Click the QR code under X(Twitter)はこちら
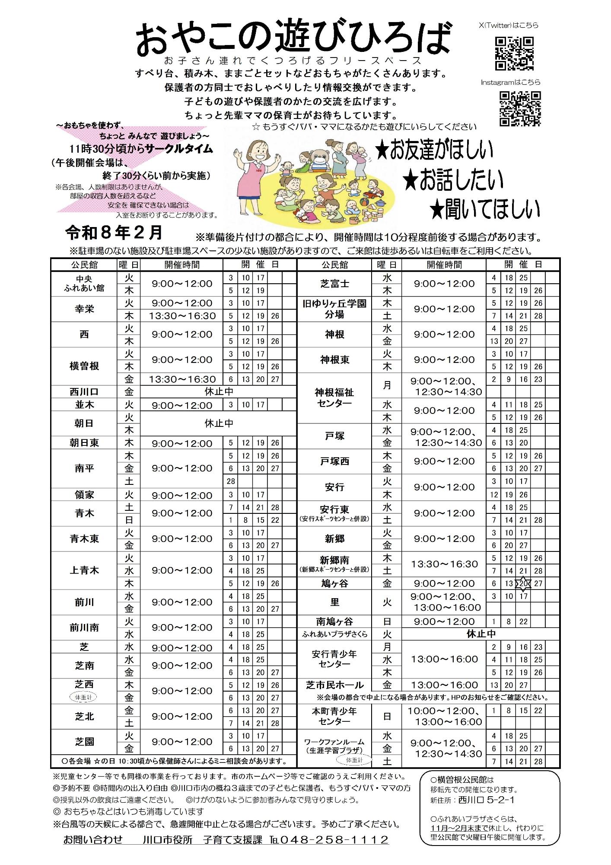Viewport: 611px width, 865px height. pyautogui.click(x=514, y=53)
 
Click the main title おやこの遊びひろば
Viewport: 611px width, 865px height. pyautogui.click(x=293, y=39)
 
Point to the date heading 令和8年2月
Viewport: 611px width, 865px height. pyautogui.click(x=114, y=233)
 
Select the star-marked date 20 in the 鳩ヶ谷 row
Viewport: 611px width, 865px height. pyautogui.click(x=524, y=583)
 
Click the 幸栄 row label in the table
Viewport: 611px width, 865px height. pyautogui.click(x=84, y=309)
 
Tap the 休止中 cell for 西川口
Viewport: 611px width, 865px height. pyautogui.click(x=219, y=392)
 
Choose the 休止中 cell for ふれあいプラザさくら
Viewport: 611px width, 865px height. pyautogui.click(x=481, y=634)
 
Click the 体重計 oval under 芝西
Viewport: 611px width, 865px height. pyautogui.click(x=84, y=697)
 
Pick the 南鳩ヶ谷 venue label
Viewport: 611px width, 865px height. pyautogui.click(x=334, y=622)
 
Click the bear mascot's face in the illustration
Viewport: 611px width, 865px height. pyautogui.click(x=320, y=160)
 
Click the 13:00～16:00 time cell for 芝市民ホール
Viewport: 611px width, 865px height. pyautogui.click(x=444, y=685)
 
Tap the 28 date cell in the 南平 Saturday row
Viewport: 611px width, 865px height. pyautogui.click(x=231, y=481)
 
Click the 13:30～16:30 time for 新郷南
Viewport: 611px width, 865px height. pyautogui.click(x=444, y=564)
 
